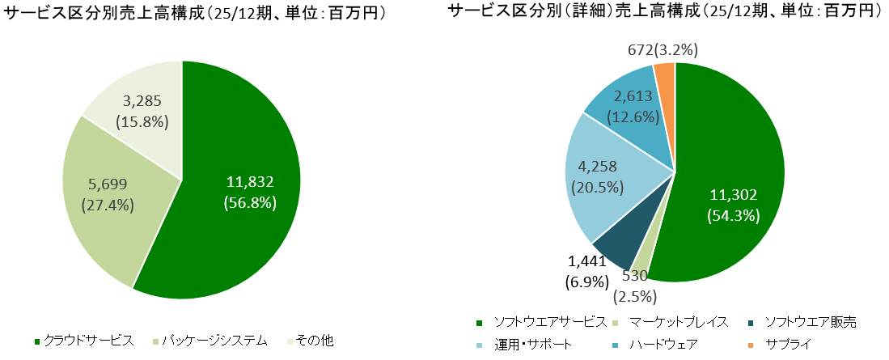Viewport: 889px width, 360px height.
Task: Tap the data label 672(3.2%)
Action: tap(663, 50)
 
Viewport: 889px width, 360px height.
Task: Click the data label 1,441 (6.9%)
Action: tap(585, 272)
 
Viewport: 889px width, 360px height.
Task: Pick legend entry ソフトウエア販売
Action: tap(810, 322)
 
